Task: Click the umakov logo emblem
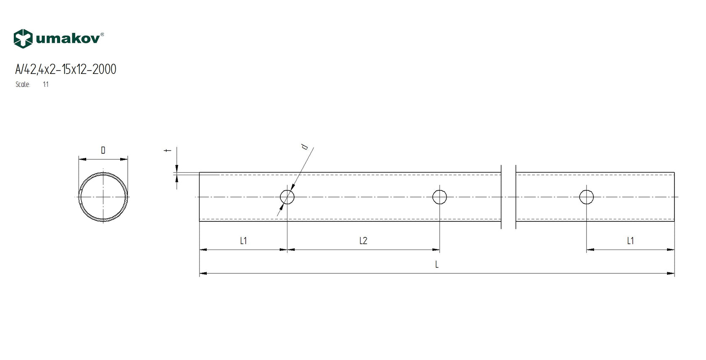pyautogui.click(x=23, y=39)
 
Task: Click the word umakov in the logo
pyautogui.click(x=68, y=39)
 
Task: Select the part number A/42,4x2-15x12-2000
pyautogui.click(x=66, y=69)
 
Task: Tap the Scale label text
pyautogui.click(x=23, y=84)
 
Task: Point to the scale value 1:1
pyautogui.click(x=46, y=84)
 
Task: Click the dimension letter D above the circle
pyautogui.click(x=103, y=150)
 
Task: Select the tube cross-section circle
pyautogui.click(x=103, y=197)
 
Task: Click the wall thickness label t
pyautogui.click(x=168, y=150)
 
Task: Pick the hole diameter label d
pyautogui.click(x=305, y=147)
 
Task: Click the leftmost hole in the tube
pyautogui.click(x=287, y=197)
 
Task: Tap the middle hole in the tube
pyautogui.click(x=440, y=197)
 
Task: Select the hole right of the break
pyautogui.click(x=586, y=197)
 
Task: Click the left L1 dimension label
pyautogui.click(x=243, y=241)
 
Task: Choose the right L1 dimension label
pyautogui.click(x=630, y=241)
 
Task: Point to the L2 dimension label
pyautogui.click(x=363, y=241)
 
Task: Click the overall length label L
pyautogui.click(x=437, y=265)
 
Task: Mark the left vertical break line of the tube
pyautogui.click(x=501, y=197)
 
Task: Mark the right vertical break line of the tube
pyautogui.click(x=516, y=197)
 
